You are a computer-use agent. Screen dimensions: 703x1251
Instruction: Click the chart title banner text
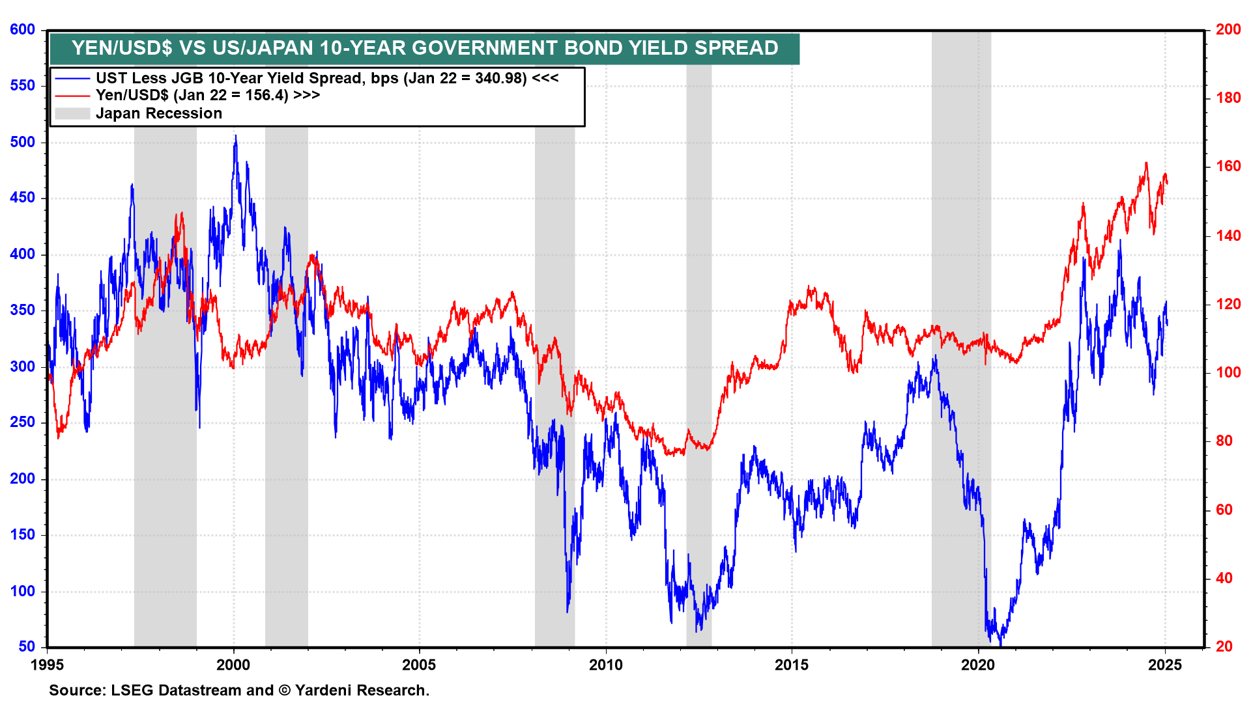click(425, 48)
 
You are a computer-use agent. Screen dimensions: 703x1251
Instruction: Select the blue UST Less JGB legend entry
click(326, 78)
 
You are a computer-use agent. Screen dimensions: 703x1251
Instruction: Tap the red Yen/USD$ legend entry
click(207, 95)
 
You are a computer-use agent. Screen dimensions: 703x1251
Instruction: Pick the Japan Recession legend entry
click(158, 113)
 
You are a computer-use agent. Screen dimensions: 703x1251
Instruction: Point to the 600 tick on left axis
click(23, 29)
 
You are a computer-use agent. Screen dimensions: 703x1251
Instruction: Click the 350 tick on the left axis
click(23, 310)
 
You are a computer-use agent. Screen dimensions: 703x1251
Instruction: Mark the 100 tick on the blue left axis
click(23, 591)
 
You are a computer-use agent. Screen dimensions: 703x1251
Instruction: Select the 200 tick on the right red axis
click(1228, 29)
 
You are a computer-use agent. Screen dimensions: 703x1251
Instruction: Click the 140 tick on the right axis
click(1228, 236)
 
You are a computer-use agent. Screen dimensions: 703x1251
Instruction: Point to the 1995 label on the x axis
click(47, 665)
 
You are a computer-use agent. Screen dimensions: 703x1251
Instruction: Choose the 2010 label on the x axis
click(606, 665)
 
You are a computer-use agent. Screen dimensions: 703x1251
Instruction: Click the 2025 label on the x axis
click(1164, 665)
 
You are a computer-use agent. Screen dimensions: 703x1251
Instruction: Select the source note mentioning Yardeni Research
click(239, 690)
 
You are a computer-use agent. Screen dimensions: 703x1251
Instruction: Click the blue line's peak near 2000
click(235, 136)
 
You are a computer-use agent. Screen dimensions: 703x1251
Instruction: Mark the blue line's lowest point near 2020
click(1000, 643)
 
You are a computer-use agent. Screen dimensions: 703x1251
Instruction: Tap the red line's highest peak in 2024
click(1146, 163)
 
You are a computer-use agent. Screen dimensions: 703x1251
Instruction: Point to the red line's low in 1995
click(58, 437)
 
